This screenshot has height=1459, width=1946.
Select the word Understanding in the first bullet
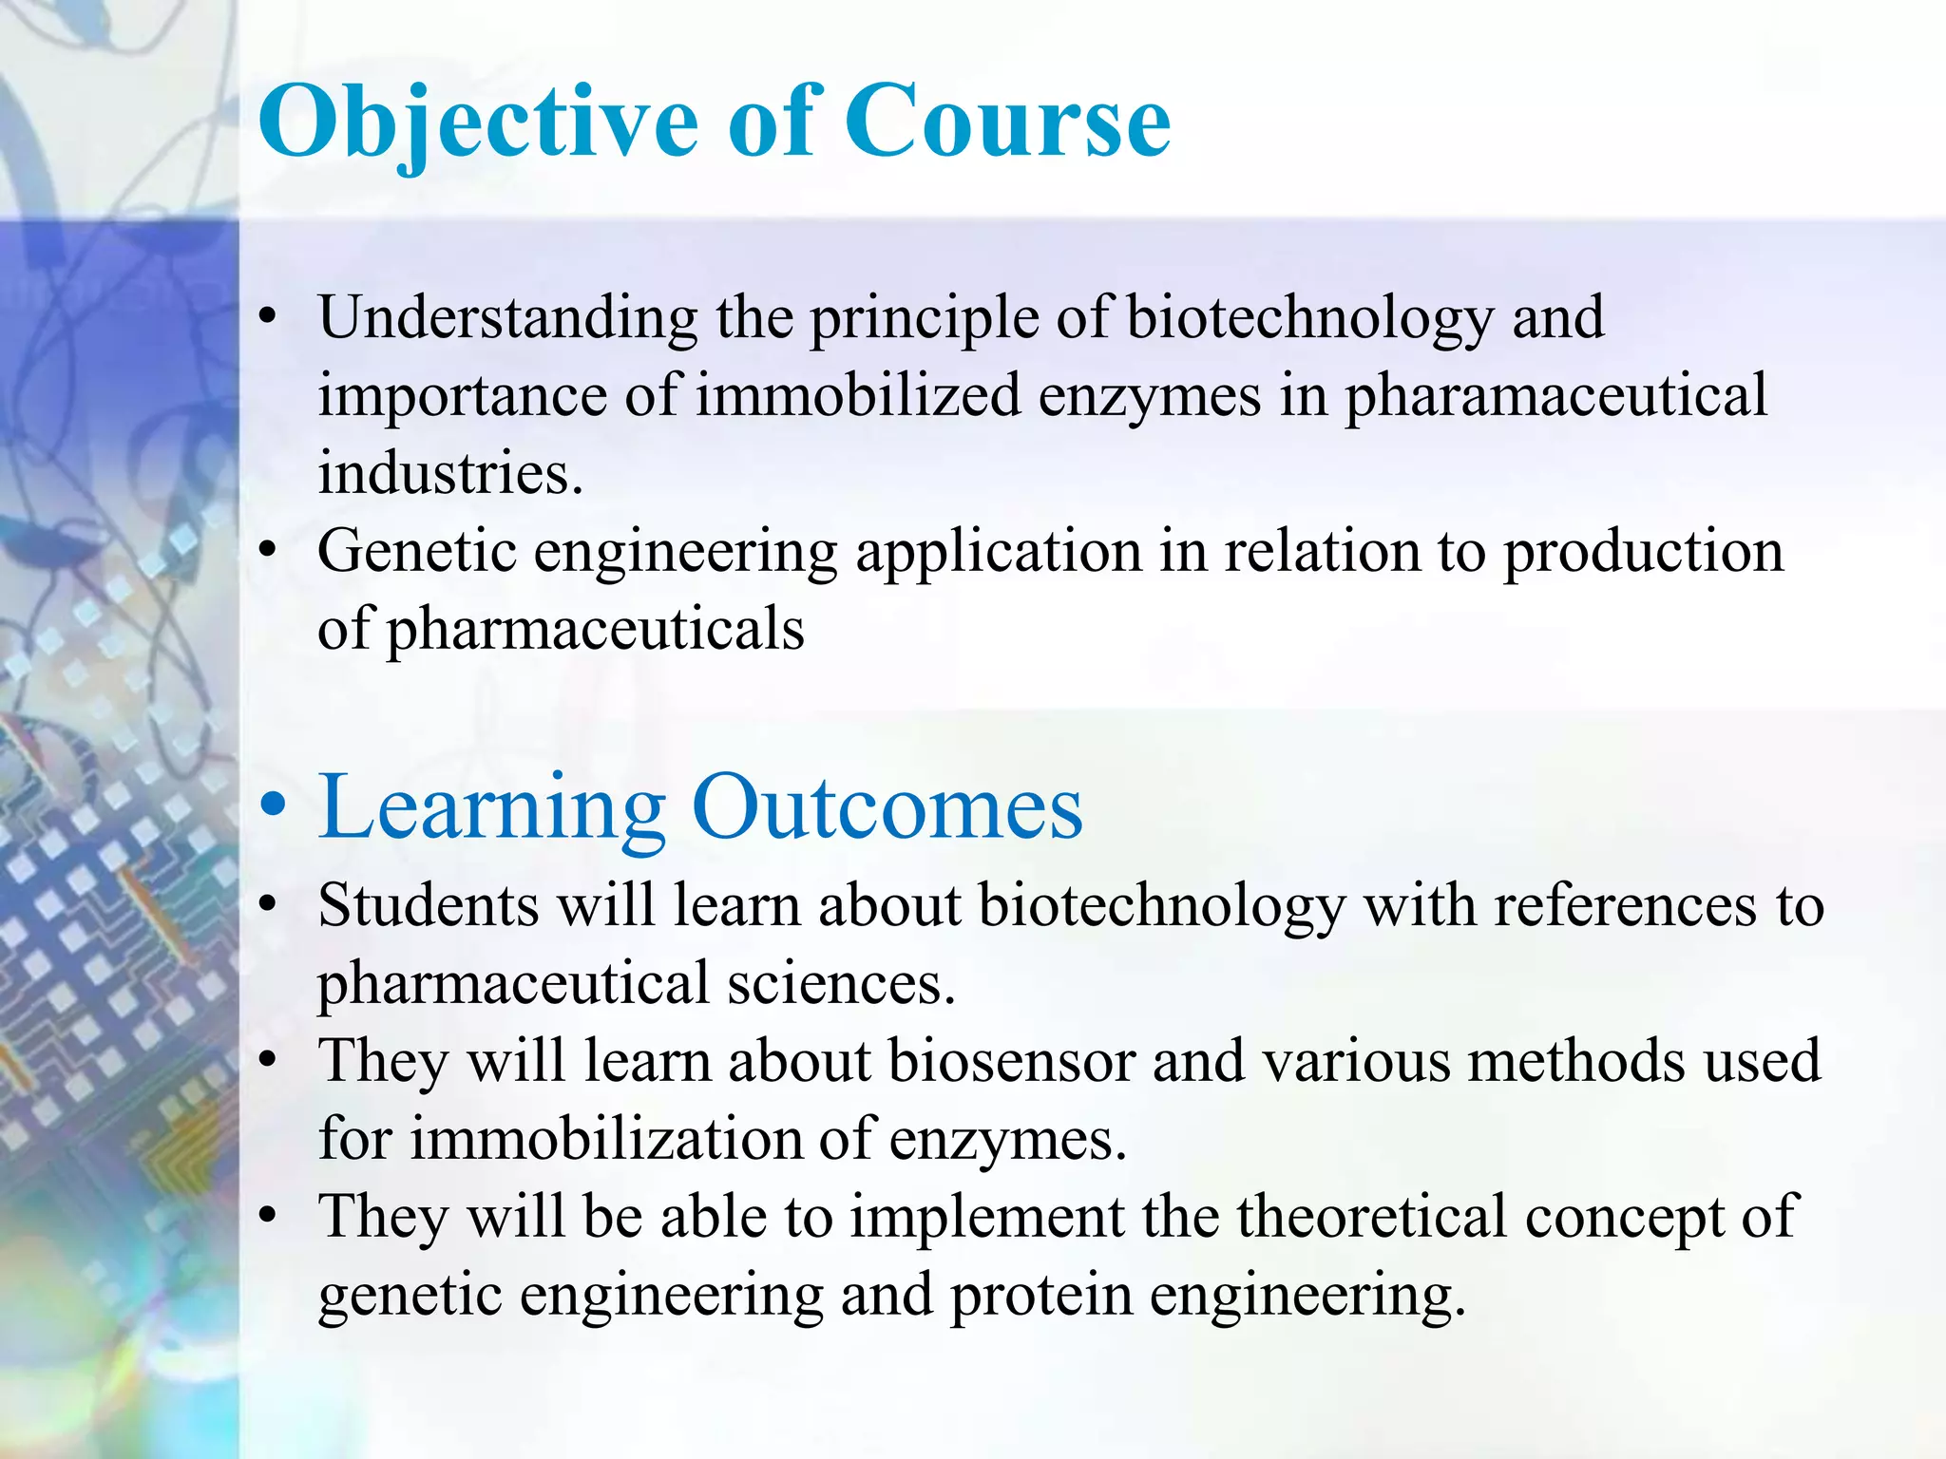(x=507, y=317)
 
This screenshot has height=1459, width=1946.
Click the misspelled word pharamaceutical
(x=1555, y=397)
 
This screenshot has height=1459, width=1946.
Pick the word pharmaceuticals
(x=595, y=629)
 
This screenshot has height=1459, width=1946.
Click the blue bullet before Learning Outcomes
(x=273, y=805)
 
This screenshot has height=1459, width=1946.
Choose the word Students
(x=429, y=904)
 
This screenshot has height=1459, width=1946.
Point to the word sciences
(x=841, y=982)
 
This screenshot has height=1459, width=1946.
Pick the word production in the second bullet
(x=1643, y=553)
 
